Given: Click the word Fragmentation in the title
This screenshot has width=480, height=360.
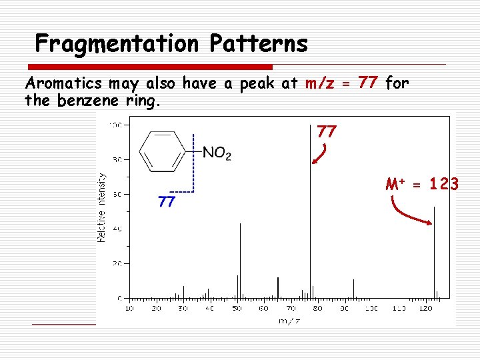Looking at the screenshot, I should click(117, 44).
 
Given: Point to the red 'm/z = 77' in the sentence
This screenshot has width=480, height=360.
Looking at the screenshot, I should click(342, 83).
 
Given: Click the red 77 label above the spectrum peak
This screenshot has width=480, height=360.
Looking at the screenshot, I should click(326, 131).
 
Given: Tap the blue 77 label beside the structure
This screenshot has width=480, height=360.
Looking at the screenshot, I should click(167, 201).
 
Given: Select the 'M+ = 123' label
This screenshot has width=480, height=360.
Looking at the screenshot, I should click(421, 183).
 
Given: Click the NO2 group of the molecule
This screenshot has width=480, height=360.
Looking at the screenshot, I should click(217, 154).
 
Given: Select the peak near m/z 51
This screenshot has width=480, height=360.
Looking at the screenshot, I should click(240, 260).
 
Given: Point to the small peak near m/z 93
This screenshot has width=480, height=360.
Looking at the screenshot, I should click(353, 288).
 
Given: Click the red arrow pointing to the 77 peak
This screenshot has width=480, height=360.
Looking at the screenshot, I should click(319, 154).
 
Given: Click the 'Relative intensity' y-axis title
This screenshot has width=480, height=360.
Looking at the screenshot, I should click(102, 207).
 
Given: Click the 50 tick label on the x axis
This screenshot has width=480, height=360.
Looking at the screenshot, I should click(237, 309).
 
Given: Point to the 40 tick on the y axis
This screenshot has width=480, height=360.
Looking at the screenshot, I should click(117, 229).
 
